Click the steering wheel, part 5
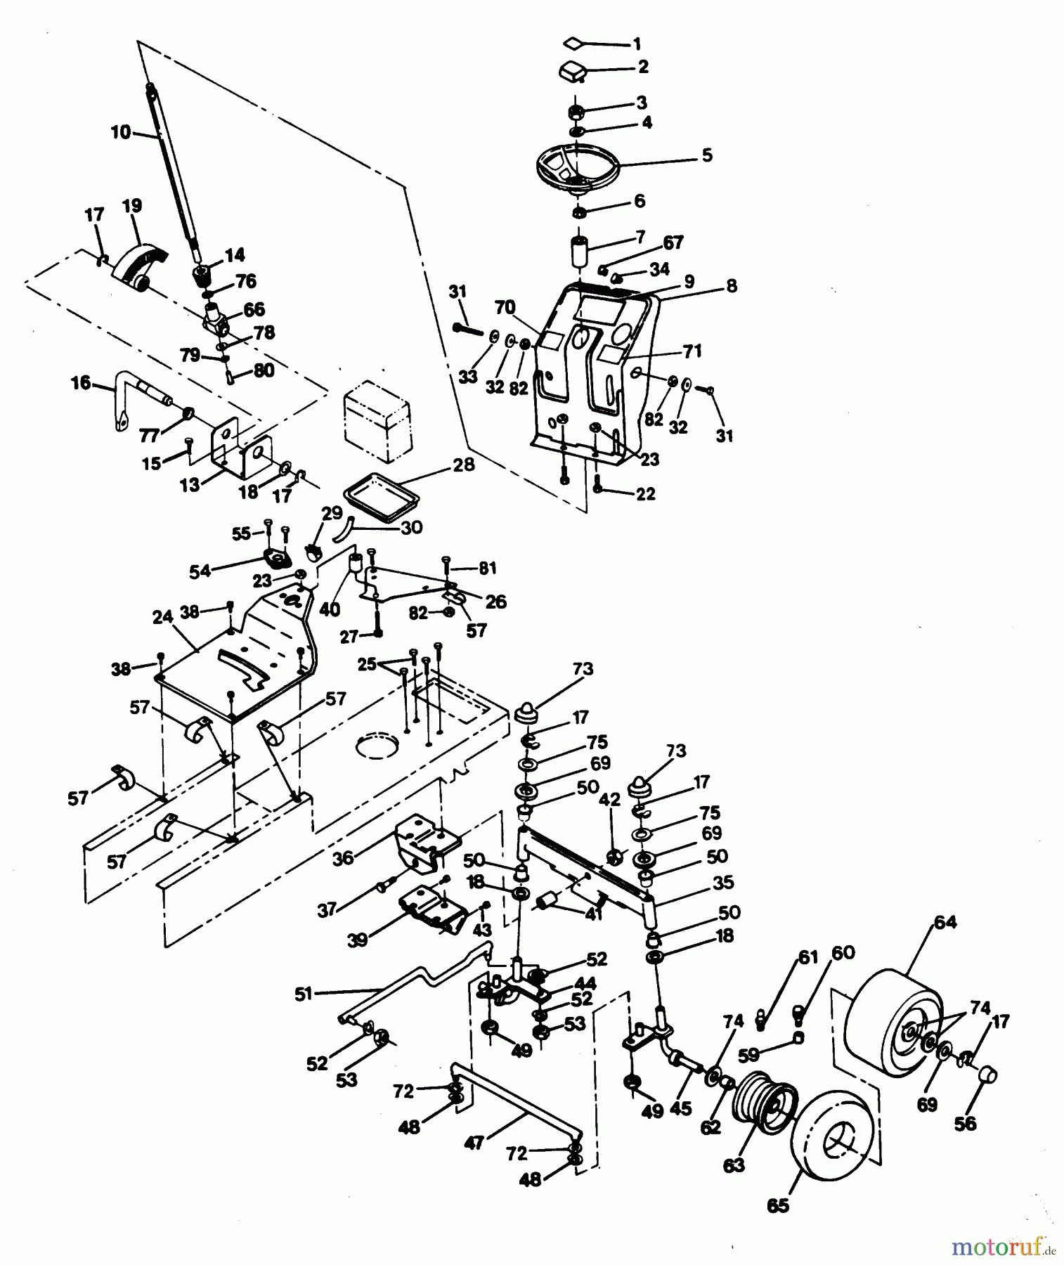578,169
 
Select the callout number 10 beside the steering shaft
120,132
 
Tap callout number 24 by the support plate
162,618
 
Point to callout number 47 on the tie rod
474,1143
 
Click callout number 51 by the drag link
303,994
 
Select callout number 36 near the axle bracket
343,858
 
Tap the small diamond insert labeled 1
573,43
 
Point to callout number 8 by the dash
732,286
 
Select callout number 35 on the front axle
723,883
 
